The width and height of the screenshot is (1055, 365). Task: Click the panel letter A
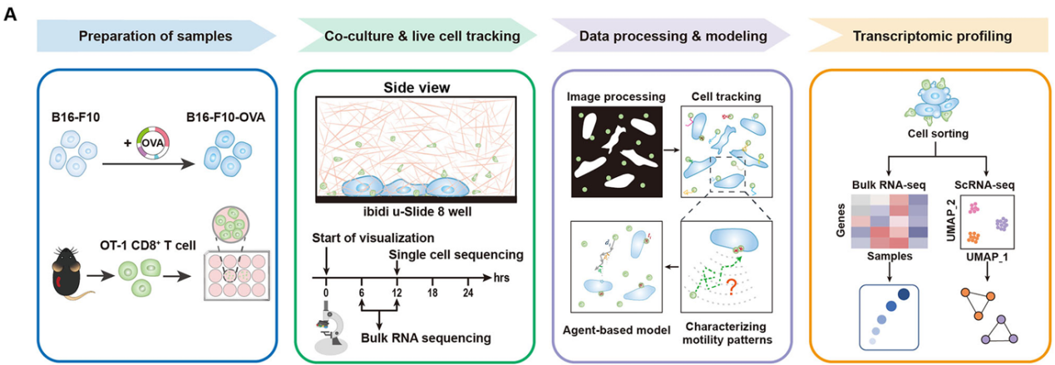click(x=11, y=13)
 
